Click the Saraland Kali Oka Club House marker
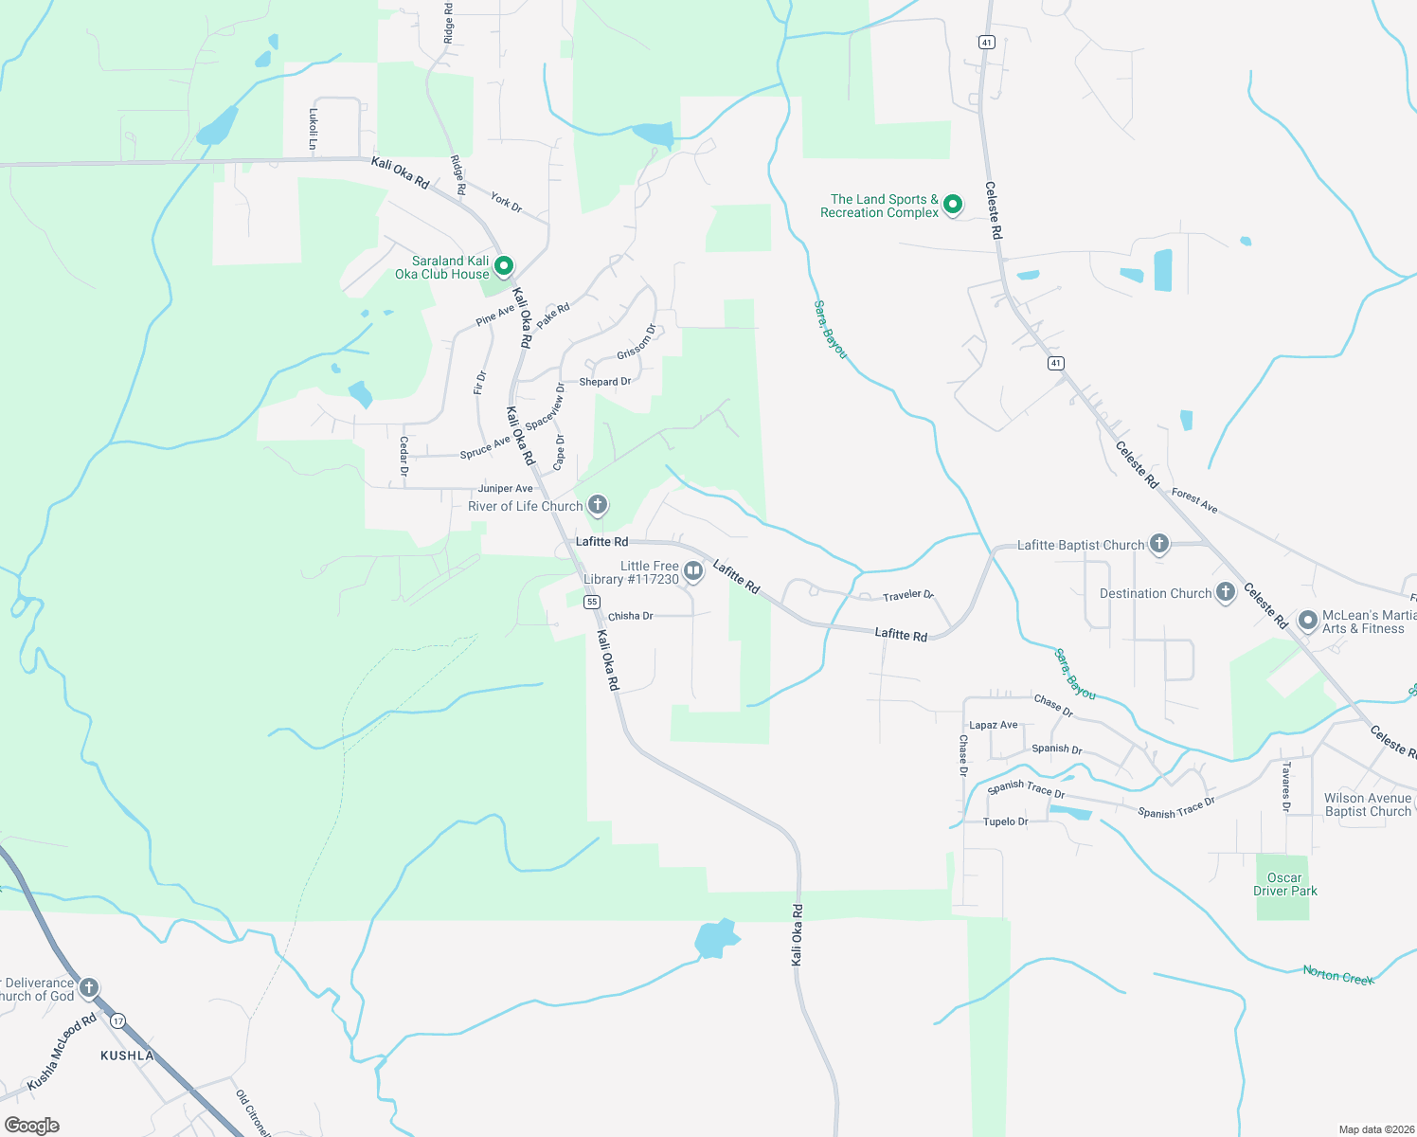[504, 266]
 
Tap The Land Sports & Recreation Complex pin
[953, 205]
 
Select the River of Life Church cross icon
[598, 505]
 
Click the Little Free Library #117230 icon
[693, 571]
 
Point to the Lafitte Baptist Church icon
[1159, 544]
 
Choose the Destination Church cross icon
[1226, 592]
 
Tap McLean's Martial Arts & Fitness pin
[1308, 621]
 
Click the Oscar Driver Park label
[1284, 884]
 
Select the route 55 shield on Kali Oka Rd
[592, 602]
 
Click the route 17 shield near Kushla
[117, 1020]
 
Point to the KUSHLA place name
[127, 1056]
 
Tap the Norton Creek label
[1337, 975]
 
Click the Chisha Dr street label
[630, 616]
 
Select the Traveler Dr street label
[907, 595]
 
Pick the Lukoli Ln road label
[314, 129]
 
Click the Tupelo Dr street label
[1005, 821]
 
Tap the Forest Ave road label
[1194, 500]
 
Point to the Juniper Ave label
[505, 489]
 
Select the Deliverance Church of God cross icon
[89, 988]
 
